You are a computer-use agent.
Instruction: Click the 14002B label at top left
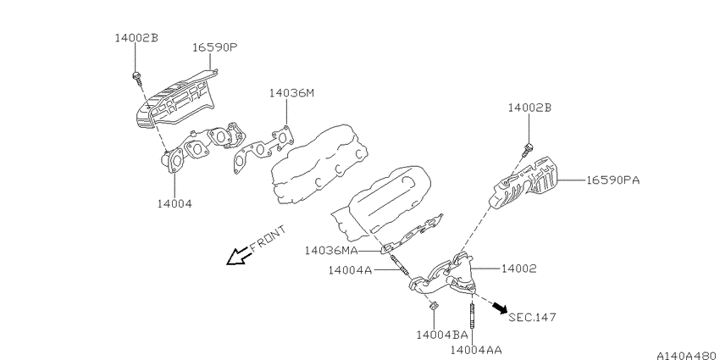point(136,37)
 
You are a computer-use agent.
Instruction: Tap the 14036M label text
point(291,93)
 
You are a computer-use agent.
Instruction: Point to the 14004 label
point(174,203)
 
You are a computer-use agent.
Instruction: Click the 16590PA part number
point(612,180)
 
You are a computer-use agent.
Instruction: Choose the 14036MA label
point(331,251)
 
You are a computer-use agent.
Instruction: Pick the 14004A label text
point(350,270)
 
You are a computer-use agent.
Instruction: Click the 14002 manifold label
point(518,269)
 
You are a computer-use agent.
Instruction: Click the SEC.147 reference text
point(532,317)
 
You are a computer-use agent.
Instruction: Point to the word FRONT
point(269,238)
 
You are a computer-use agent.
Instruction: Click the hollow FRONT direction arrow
point(238,256)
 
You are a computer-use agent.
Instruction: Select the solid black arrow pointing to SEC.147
point(500,307)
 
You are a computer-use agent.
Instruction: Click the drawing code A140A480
point(687,356)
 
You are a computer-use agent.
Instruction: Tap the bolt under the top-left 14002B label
point(137,77)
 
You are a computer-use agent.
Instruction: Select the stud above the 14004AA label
point(472,316)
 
